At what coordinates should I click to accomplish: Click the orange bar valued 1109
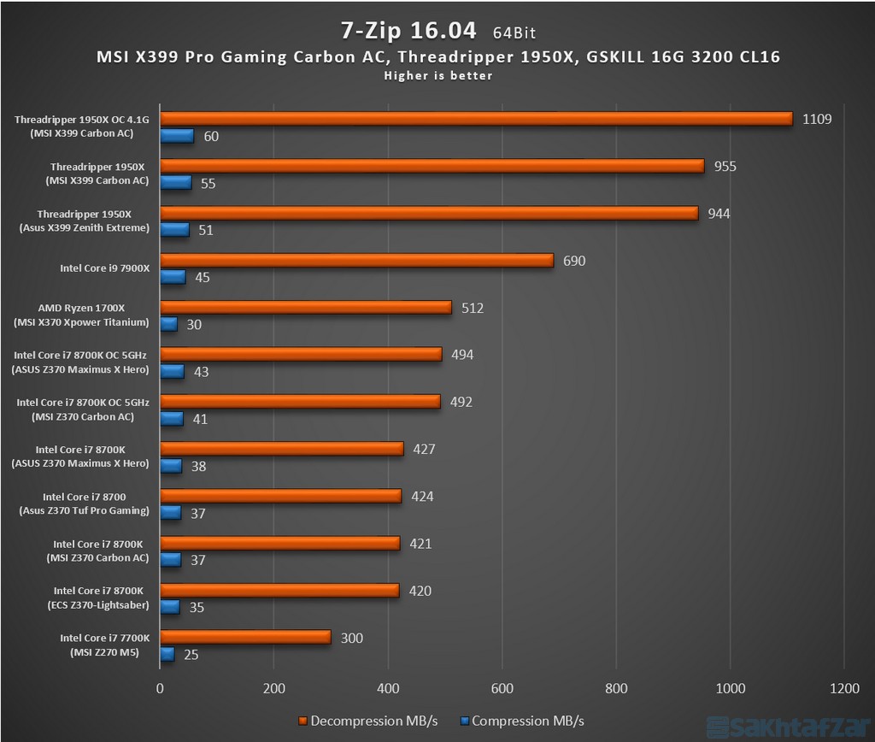coord(476,119)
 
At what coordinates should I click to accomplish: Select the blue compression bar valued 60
coord(177,136)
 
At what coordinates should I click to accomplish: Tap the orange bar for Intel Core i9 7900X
coord(356,260)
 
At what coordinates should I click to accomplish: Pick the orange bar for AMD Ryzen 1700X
coord(305,308)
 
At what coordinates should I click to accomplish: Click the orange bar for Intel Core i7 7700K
coord(245,637)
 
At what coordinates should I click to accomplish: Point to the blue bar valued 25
coord(167,654)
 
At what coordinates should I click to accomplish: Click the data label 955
coord(725,166)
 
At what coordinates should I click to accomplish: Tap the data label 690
coord(574,261)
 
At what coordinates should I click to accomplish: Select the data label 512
coord(472,308)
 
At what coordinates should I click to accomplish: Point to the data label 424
coord(422,497)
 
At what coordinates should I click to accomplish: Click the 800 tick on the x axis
coord(616,689)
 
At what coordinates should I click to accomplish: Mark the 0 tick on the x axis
coord(160,689)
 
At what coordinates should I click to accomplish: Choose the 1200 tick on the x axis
coord(843,689)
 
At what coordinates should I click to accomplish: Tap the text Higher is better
coord(437,76)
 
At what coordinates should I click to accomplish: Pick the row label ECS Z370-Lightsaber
coord(97,606)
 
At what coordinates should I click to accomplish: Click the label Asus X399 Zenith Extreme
coord(83,227)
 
